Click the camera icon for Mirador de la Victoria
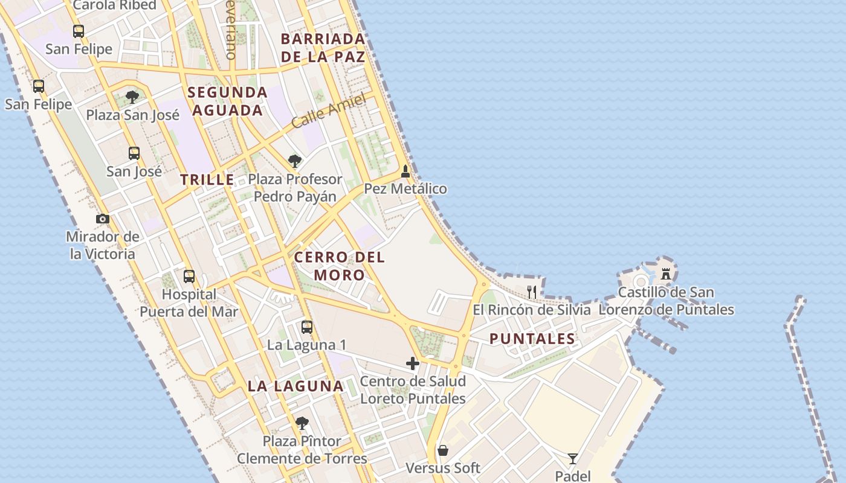point(103,219)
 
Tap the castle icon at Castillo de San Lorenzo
point(666,273)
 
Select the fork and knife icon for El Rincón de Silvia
point(532,292)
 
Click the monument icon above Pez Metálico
point(405,171)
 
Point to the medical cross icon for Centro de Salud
point(413,363)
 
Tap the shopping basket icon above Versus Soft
point(443,450)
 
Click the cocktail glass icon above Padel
point(572,459)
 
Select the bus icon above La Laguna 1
point(307,327)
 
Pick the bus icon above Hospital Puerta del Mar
point(189,277)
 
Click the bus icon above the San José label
point(134,153)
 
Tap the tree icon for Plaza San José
point(132,97)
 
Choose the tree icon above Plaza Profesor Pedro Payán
point(295,161)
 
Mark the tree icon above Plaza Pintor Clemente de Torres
point(302,423)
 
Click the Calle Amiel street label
point(329,110)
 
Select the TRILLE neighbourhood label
point(207,179)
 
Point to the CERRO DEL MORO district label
point(339,266)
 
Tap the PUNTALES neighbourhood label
point(532,339)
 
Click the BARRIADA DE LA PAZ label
point(323,48)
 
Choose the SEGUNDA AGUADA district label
point(227,101)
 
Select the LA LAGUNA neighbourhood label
point(295,386)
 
